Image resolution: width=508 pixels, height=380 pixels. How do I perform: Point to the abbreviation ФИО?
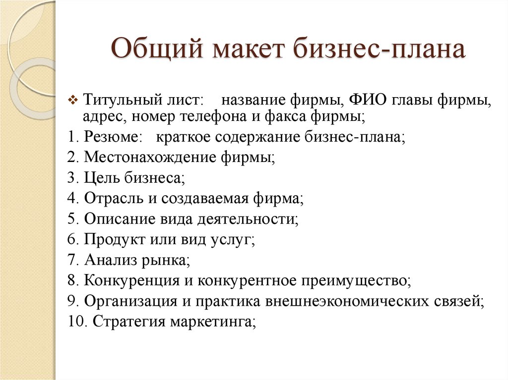[368, 100]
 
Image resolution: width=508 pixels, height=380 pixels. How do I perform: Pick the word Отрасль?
[114, 198]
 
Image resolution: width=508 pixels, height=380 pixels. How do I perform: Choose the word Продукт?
[115, 240]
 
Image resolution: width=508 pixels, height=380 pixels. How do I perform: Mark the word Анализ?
[111, 260]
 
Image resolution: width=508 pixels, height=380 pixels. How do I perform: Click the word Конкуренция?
[131, 280]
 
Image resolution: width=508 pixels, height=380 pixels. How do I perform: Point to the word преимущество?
[354, 280]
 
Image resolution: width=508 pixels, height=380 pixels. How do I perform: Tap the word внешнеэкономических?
[347, 301]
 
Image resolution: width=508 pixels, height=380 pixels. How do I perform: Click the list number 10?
[75, 322]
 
